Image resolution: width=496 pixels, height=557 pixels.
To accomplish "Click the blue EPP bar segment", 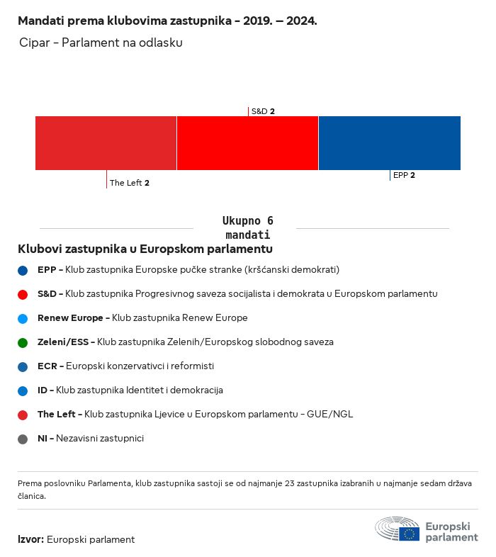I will tap(390, 143).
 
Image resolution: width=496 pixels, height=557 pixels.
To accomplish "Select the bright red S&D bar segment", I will tap(247, 143).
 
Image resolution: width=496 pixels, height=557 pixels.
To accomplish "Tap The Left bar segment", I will tap(106, 143).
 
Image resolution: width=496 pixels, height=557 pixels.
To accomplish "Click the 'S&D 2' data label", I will tap(263, 111).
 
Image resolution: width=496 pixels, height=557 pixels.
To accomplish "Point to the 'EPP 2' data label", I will tap(404, 175).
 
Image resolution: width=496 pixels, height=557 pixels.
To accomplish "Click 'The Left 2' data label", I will tap(130, 183).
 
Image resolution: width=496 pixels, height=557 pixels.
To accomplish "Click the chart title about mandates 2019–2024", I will tap(167, 21).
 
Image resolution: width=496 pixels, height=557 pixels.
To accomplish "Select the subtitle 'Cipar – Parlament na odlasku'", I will tap(101, 43).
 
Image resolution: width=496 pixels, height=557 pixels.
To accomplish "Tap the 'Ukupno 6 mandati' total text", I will tap(247, 227).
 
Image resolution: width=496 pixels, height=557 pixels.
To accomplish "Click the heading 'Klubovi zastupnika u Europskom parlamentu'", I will tap(145, 249).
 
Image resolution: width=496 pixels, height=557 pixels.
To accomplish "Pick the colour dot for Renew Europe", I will tap(23, 318).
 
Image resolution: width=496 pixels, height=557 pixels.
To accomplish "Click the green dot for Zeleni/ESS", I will tap(23, 342).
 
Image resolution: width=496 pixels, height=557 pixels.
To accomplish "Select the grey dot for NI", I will tap(23, 439).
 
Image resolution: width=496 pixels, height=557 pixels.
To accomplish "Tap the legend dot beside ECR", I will tap(23, 366).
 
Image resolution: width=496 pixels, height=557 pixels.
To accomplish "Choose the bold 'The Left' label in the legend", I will tap(57, 415).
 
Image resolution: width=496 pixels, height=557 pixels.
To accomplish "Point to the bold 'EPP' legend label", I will tap(47, 270).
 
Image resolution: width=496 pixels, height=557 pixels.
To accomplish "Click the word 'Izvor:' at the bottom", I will tap(31, 539).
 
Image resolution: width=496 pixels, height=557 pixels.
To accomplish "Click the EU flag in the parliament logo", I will tap(409, 534).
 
